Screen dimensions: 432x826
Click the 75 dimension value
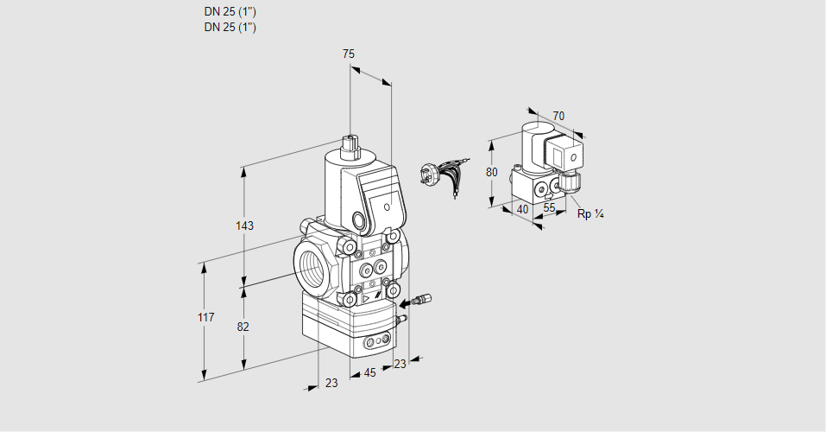point(349,54)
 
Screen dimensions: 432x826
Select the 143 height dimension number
point(245,226)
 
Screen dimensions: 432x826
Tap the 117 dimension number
point(205,318)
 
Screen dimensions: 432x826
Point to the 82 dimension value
point(243,327)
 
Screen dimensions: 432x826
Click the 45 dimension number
point(369,373)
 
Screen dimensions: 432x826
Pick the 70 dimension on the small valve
point(558,116)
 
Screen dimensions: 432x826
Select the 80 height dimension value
point(492,172)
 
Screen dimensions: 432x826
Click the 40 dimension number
point(521,208)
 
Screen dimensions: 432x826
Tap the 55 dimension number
point(550,208)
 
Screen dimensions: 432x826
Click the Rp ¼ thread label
point(590,213)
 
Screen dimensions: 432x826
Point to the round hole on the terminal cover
point(387,207)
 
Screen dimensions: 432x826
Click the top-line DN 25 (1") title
point(230,12)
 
